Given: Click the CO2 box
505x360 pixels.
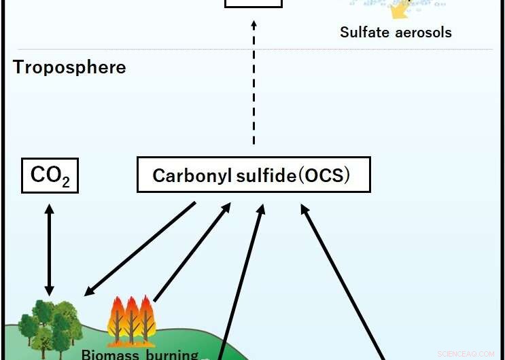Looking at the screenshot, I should coord(50,175).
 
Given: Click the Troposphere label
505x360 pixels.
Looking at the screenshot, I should coord(69,68).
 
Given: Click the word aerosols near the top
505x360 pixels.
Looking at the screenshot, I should coord(424,32).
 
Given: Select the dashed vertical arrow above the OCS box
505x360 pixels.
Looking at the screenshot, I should coord(254,82).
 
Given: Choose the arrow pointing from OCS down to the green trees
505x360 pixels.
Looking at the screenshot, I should coord(140,249).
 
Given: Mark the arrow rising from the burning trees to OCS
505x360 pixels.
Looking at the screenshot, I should coord(192,251).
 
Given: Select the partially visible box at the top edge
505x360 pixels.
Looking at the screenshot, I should coord(253,3).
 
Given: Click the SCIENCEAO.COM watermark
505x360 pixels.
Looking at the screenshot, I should coord(468,354).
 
